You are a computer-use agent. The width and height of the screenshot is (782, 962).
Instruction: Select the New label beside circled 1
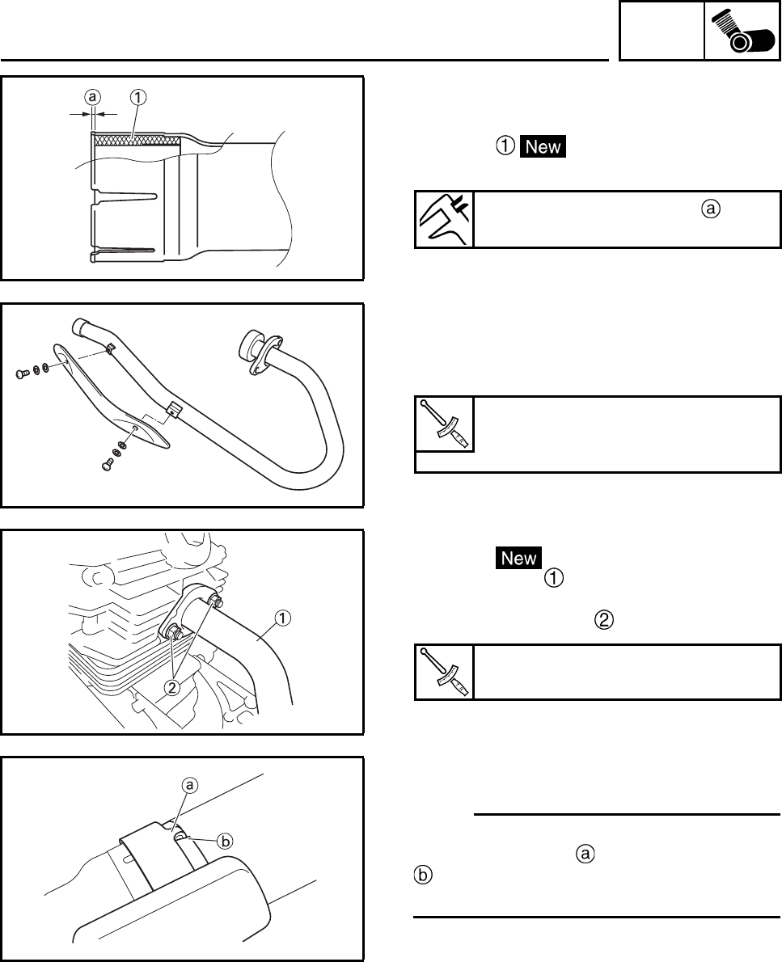[542, 147]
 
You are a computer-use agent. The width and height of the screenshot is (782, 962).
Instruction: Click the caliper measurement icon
[444, 219]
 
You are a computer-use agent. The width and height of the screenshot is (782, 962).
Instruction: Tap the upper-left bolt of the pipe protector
[23, 373]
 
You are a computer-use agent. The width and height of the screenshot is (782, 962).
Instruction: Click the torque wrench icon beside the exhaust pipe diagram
[444, 424]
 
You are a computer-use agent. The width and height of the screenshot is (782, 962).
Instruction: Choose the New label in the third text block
[519, 558]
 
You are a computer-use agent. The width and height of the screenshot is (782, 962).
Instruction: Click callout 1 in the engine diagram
[282, 618]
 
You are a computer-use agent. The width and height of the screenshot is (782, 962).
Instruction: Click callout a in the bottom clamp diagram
[190, 784]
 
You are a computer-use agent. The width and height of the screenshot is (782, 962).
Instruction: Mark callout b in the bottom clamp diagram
[226, 841]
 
